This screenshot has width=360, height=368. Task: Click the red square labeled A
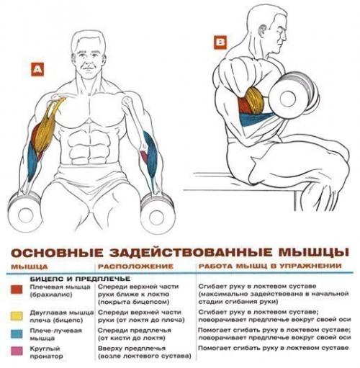click(x=37, y=69)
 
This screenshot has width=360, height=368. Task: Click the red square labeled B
click(x=220, y=42)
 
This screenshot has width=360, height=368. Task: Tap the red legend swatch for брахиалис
click(x=17, y=290)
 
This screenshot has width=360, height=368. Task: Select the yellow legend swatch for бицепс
click(x=17, y=315)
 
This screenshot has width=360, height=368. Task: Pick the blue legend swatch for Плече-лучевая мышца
click(x=17, y=333)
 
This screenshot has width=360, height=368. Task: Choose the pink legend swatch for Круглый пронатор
click(x=17, y=351)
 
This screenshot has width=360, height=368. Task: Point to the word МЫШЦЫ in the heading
click(x=314, y=252)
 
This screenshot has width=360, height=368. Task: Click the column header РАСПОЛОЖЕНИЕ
click(x=135, y=266)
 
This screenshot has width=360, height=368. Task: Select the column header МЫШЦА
click(x=30, y=267)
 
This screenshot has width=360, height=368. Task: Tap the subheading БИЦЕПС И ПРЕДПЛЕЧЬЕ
click(x=80, y=279)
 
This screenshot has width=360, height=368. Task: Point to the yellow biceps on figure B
click(x=256, y=101)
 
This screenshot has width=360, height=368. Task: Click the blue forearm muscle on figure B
click(x=256, y=119)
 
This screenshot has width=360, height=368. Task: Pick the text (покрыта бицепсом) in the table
click(x=134, y=302)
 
